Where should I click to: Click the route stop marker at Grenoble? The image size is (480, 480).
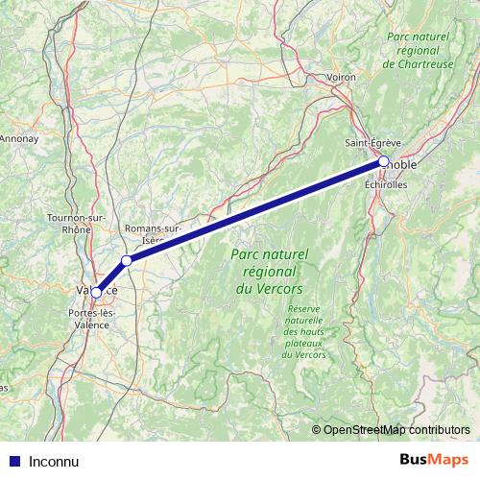[x=384, y=161]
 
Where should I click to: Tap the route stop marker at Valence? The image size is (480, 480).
[x=97, y=292]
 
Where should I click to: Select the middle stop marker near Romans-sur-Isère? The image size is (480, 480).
[x=127, y=260]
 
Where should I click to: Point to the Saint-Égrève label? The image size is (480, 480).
[x=373, y=143]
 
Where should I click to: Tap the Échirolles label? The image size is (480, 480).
[x=386, y=184]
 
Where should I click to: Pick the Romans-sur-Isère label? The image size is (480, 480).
[x=154, y=234]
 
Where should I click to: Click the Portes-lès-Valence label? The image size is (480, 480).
[x=94, y=319]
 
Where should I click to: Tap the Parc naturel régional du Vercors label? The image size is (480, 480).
[x=269, y=272]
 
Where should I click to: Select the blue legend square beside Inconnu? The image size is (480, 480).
[x=14, y=461]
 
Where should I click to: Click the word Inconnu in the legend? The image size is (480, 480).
[x=54, y=461]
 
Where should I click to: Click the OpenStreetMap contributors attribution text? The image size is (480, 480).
[x=395, y=429]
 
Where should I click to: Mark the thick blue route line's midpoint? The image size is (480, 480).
[x=255, y=211]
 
